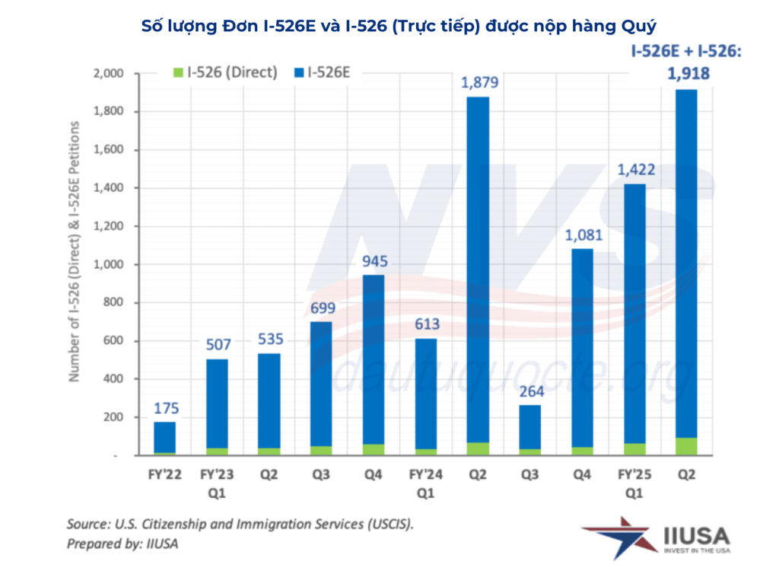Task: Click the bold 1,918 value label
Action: pyautogui.click(x=687, y=74)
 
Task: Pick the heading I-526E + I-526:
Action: pyautogui.click(x=686, y=51)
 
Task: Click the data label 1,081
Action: pyautogui.click(x=583, y=234)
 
